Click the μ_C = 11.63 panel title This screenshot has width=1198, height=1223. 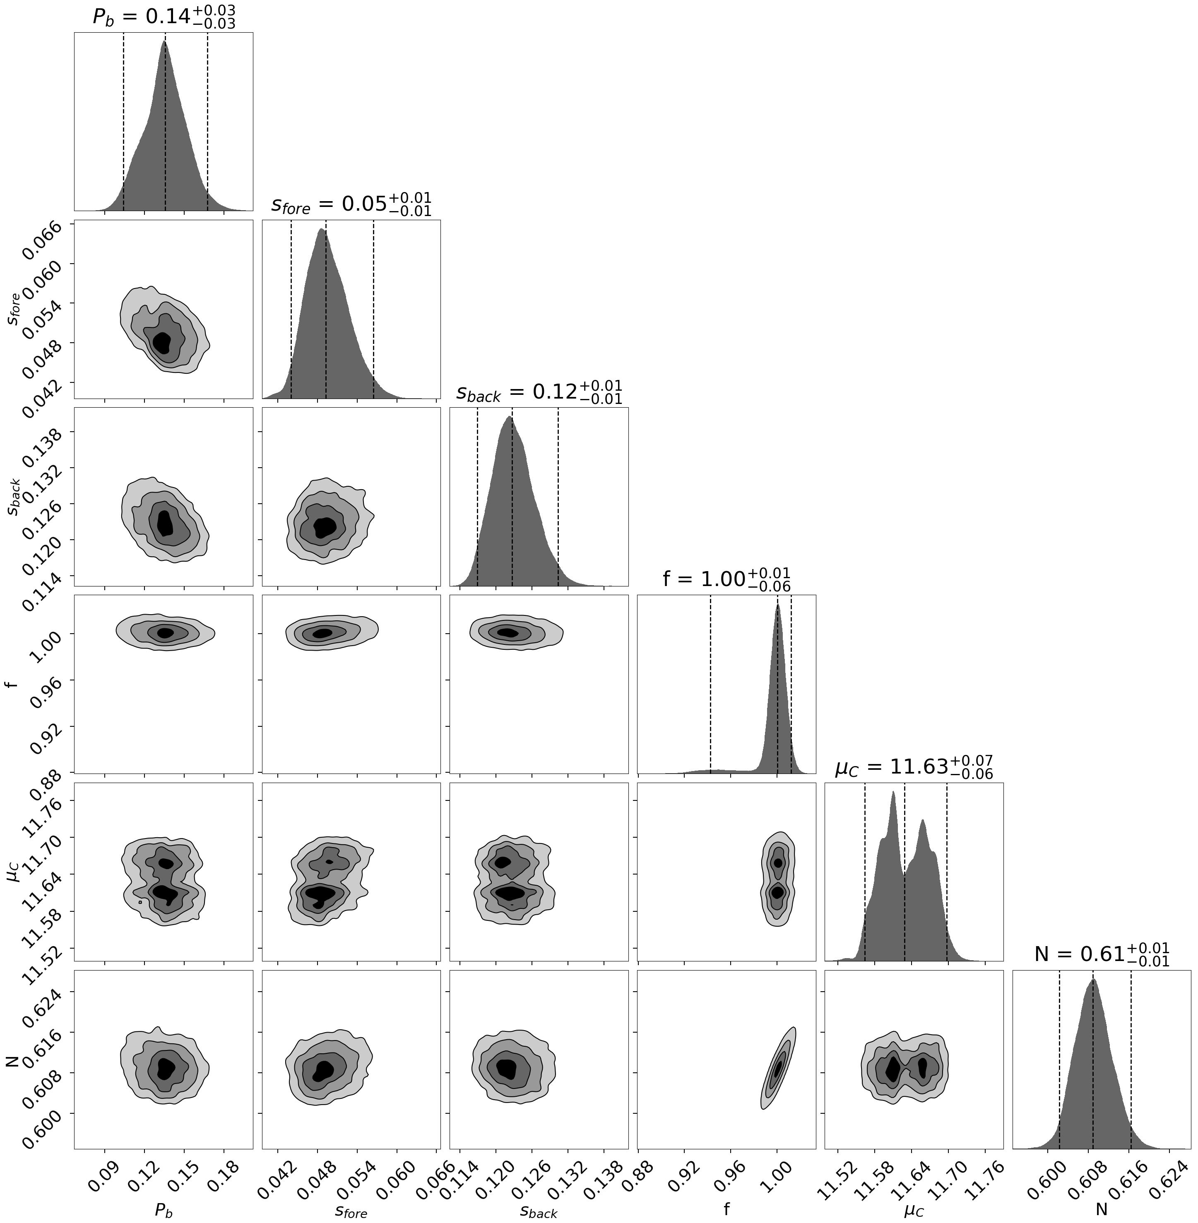pos(914,767)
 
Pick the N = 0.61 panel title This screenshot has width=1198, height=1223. pos(1102,954)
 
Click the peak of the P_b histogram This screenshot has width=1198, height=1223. pos(165,41)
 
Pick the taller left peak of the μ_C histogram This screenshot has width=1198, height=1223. pos(893,792)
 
